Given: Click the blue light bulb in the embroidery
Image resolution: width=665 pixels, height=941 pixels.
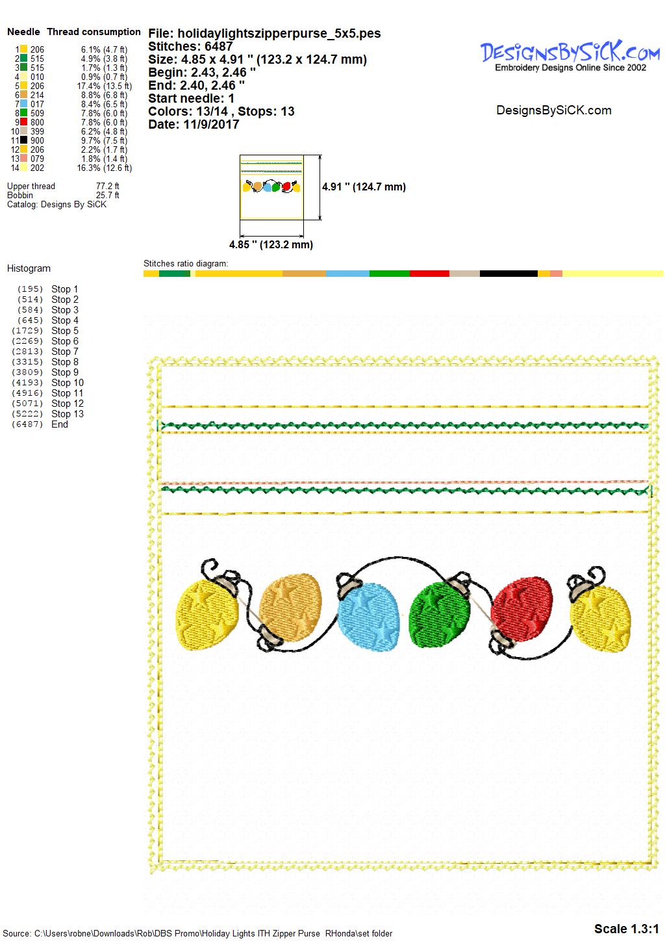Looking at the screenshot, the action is coord(368,617).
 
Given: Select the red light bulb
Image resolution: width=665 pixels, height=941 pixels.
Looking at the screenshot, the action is coord(521,604).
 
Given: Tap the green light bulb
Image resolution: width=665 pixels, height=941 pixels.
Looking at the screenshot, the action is coord(439,614).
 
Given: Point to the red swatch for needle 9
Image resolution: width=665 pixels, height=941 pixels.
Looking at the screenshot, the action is coord(24,122).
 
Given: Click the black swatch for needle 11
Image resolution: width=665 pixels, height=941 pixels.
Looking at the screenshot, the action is coord(24,140).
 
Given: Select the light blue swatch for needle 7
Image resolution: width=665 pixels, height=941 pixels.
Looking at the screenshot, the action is coord(24,104).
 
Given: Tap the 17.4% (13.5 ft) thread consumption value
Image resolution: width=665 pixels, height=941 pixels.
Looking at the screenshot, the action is coord(105,86).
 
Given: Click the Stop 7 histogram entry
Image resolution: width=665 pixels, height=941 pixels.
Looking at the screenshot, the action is coord(65,352).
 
